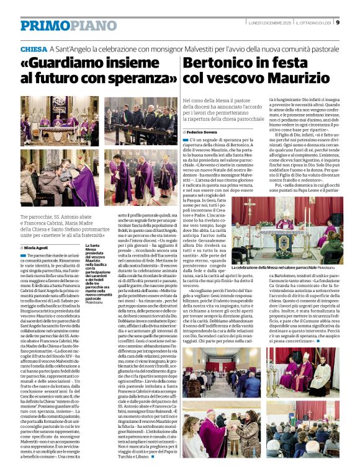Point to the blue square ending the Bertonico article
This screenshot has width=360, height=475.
[x=318, y=340]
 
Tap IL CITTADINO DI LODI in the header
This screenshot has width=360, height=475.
[x=304, y=24]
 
